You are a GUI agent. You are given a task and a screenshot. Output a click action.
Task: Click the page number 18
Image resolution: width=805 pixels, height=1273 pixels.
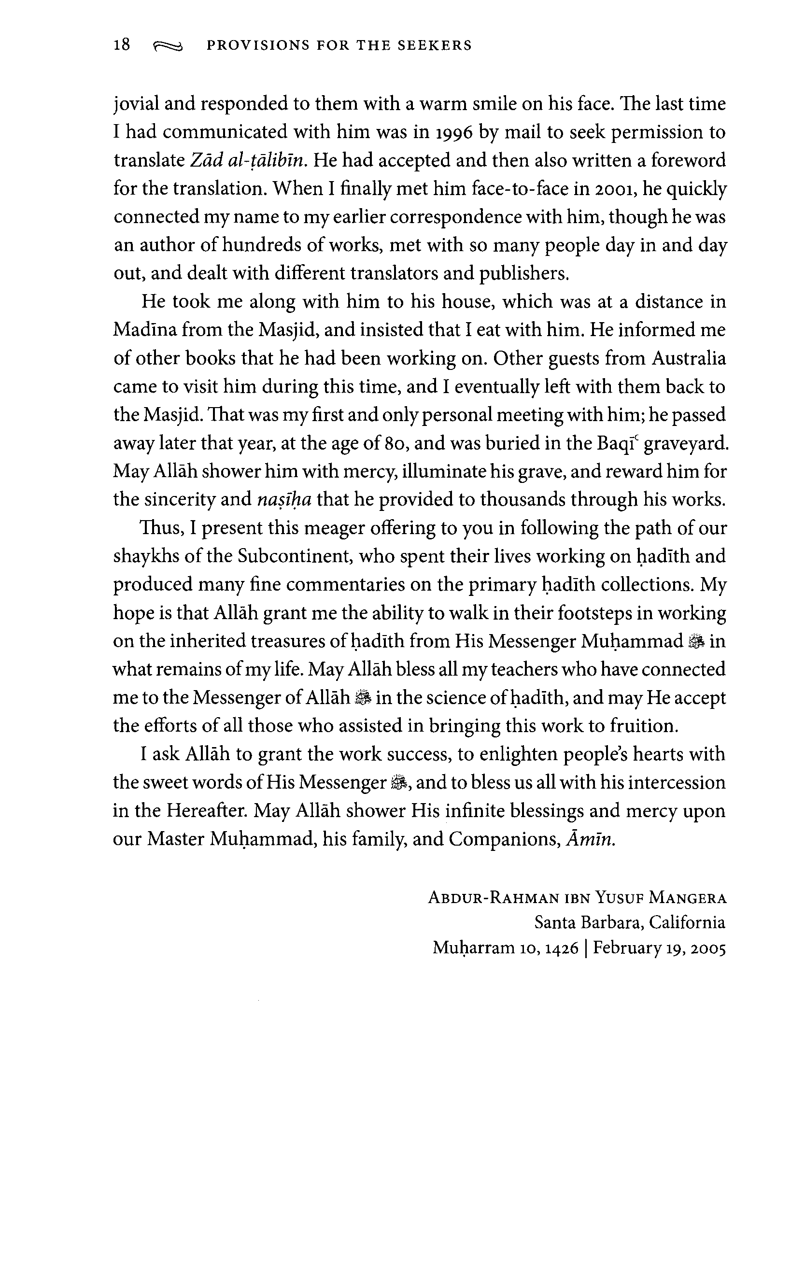pyautogui.click(x=122, y=45)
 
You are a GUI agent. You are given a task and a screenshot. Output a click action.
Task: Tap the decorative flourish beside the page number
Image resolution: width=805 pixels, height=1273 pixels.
pyautogui.click(x=168, y=47)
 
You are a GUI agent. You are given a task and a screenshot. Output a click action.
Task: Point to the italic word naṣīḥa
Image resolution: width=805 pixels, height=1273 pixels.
pyautogui.click(x=284, y=499)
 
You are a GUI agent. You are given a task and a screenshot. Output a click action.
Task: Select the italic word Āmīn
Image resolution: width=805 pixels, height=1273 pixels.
pyautogui.click(x=591, y=839)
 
